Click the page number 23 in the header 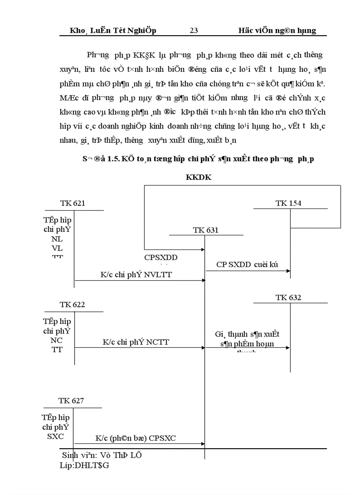[x=194, y=30]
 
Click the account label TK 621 [x=73, y=203]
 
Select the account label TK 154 [x=289, y=203]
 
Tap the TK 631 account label [x=206, y=230]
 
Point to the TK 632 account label [x=289, y=298]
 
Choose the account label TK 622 [x=73, y=305]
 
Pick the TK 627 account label [x=71, y=401]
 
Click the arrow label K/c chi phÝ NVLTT [x=136, y=274]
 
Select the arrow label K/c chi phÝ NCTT [x=136, y=342]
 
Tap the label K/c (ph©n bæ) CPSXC [x=137, y=439]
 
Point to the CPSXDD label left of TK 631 [x=164, y=257]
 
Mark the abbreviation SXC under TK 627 [x=56, y=436]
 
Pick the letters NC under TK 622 [x=57, y=340]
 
